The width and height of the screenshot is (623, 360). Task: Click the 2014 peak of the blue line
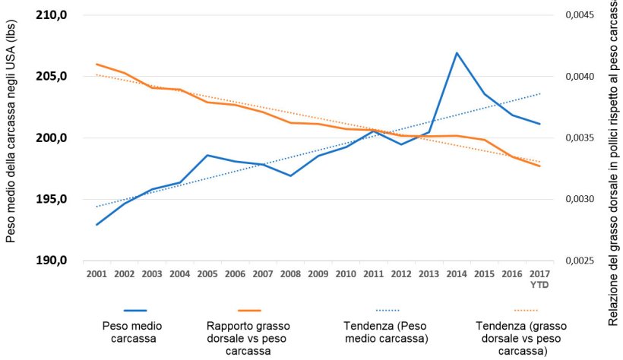(457, 53)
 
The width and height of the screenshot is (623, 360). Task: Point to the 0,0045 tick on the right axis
(578, 15)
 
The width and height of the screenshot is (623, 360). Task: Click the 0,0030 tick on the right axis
(578, 200)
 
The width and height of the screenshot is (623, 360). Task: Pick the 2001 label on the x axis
(96, 273)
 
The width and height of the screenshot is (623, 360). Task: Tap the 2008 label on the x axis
(290, 273)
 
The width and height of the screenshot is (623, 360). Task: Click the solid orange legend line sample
(248, 311)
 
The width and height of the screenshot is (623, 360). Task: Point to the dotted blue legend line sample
(388, 311)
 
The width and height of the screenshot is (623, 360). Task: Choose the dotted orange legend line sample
(525, 311)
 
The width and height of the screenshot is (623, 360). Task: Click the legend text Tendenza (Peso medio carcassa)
(387, 332)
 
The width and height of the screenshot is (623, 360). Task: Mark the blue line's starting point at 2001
(96, 225)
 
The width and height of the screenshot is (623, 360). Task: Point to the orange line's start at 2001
(96, 64)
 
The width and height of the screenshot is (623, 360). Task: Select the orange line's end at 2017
(539, 166)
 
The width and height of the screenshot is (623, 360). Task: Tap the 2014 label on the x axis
(457, 273)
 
